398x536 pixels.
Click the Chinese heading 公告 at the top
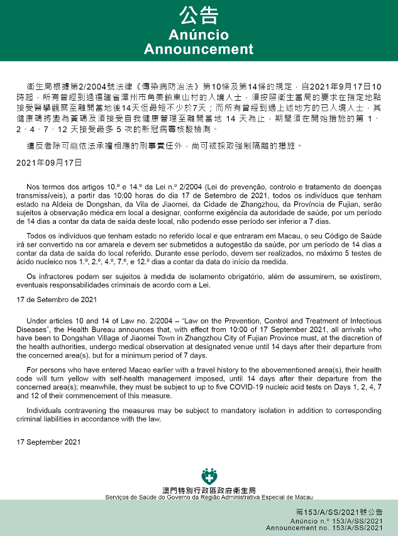click(x=199, y=16)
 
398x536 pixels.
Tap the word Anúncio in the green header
click(x=199, y=35)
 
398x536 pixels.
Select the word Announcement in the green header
click(x=199, y=49)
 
